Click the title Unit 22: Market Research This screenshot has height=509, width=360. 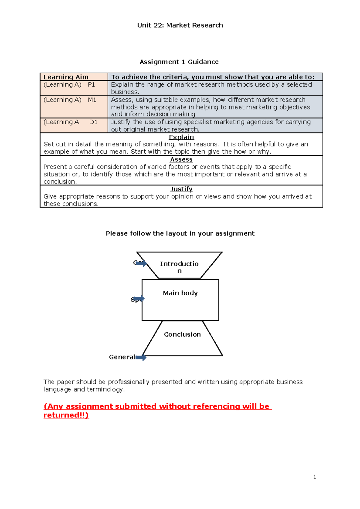tap(180, 25)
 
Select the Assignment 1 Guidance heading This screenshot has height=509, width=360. tap(179, 62)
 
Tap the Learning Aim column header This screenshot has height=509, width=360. tap(66, 77)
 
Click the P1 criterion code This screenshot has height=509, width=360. tap(91, 85)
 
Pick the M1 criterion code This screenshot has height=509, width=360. tap(92, 100)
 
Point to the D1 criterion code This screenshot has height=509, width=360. tap(93, 122)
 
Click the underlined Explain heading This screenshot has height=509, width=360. tap(181, 137)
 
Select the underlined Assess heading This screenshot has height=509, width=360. tap(181, 159)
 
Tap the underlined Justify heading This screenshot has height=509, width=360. tap(181, 189)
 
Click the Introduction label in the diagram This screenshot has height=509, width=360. tap(179, 267)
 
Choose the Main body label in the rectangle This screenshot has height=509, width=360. tap(180, 293)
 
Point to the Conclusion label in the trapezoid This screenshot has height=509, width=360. tap(182, 335)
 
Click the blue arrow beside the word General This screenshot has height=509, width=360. tap(141, 357)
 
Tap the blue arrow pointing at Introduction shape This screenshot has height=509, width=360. tap(141, 263)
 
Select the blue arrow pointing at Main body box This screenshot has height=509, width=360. tap(139, 299)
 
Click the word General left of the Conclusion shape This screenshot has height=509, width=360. tap(122, 357)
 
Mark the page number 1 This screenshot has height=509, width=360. tap(315, 477)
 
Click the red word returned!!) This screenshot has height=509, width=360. tap(66, 415)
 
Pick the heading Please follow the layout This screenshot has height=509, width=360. tap(180, 234)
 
